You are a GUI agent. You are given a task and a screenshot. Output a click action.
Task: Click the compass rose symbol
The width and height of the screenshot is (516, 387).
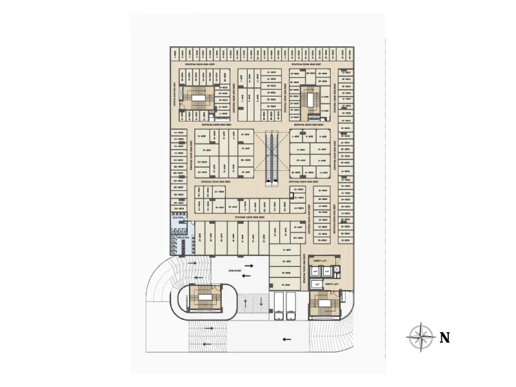pyautogui.click(x=421, y=337)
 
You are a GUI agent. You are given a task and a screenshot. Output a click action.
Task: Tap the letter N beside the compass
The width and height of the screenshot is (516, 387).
pyautogui.click(x=444, y=337)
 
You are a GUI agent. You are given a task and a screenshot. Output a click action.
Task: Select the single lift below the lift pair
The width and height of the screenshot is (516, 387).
pyautogui.click(x=316, y=283)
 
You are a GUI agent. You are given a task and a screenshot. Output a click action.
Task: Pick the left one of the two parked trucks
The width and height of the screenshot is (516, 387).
pyautogui.click(x=278, y=306)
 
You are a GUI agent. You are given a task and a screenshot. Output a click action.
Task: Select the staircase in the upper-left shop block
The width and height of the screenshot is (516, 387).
pyautogui.click(x=197, y=100)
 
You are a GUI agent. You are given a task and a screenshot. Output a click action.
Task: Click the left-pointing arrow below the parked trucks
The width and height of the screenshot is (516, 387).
pyautogui.click(x=286, y=339)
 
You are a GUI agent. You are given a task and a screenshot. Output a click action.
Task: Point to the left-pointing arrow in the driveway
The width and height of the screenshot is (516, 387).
pyautogui.click(x=246, y=276)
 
